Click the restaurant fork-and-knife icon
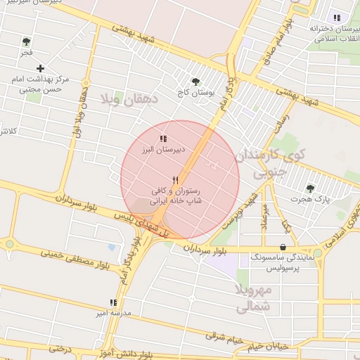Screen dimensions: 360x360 pos(174,180)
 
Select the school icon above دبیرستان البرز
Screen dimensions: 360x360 pos(163,139)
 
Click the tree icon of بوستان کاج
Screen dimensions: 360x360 pos(195,82)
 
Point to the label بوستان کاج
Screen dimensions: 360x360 pos(196,92)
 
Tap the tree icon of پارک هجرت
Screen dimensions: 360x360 pos(310,188)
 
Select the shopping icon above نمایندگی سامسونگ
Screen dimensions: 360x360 pos(283,247)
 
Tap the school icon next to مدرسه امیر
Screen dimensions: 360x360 pos(113,302)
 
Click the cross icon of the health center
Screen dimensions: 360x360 pos(40,68)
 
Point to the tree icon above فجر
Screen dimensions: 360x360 pos(26,41)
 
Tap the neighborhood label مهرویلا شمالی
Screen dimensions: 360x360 pos(253,299)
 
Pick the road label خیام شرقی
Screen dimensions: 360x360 pos(225,338)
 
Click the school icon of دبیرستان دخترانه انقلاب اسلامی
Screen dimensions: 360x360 pos(337,18)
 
